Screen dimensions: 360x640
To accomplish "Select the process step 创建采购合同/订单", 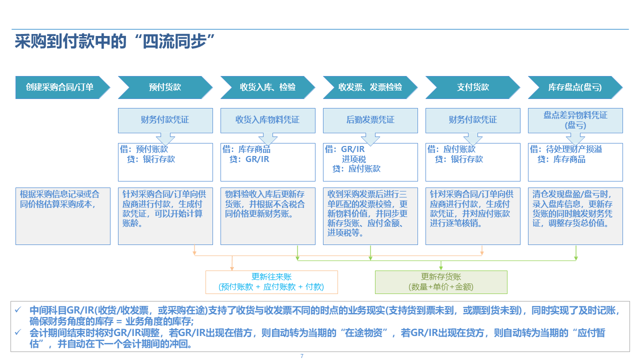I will [60, 87].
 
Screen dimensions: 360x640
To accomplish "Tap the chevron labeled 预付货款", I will [165, 87].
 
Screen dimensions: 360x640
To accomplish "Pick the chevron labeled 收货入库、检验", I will [267, 87].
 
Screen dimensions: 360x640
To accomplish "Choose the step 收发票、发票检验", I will [370, 87].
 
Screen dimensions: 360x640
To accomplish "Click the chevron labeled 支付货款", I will [472, 87].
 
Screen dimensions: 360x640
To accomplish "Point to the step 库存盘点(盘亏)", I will [575, 87].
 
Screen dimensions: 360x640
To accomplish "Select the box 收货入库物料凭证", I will [267, 120].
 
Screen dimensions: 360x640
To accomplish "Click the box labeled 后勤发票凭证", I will [370, 120].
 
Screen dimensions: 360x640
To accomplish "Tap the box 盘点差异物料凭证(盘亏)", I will [575, 120].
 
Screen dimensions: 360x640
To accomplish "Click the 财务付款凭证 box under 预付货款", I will [165, 120].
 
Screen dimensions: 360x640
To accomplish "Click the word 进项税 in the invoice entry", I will [354, 159].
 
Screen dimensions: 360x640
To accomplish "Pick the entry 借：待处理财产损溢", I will [565, 149].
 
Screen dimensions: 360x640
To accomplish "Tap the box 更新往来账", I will [271, 282].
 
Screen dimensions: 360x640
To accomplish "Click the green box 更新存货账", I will [441, 282].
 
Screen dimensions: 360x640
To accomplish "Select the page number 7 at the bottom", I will [301, 356].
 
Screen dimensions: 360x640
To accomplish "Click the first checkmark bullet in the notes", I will [18, 310].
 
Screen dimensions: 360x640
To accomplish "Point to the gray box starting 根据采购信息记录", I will [62, 216].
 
